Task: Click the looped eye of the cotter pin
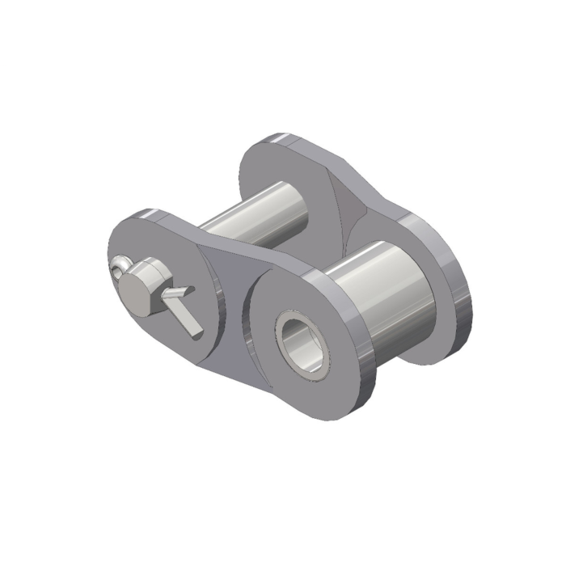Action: pos(122,264)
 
